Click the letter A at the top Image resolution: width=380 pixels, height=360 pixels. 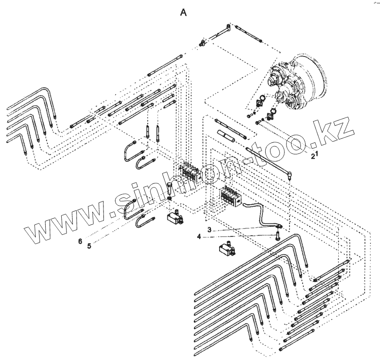click(184, 13)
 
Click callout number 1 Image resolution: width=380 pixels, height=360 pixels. click(317, 153)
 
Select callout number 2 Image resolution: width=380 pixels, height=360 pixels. click(312, 157)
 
